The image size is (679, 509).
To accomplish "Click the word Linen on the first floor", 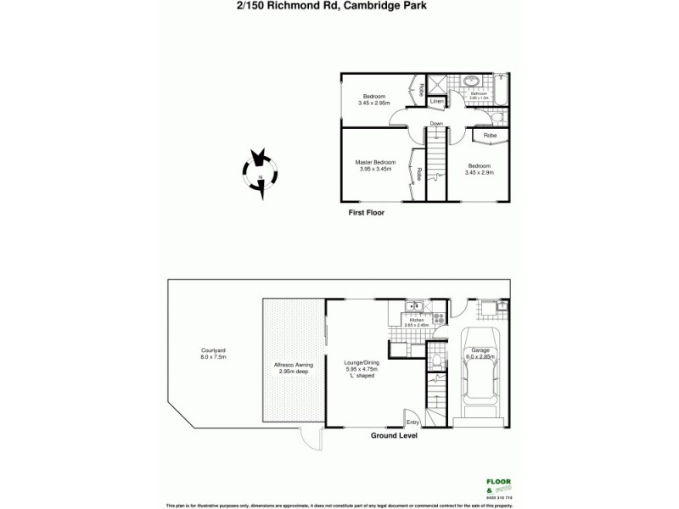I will tap(436, 102).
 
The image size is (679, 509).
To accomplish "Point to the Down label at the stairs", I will tap(436, 124).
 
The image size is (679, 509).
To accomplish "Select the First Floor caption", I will tap(367, 213).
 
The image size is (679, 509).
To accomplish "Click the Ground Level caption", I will tap(396, 435).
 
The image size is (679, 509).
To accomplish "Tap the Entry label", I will tap(412, 422).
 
